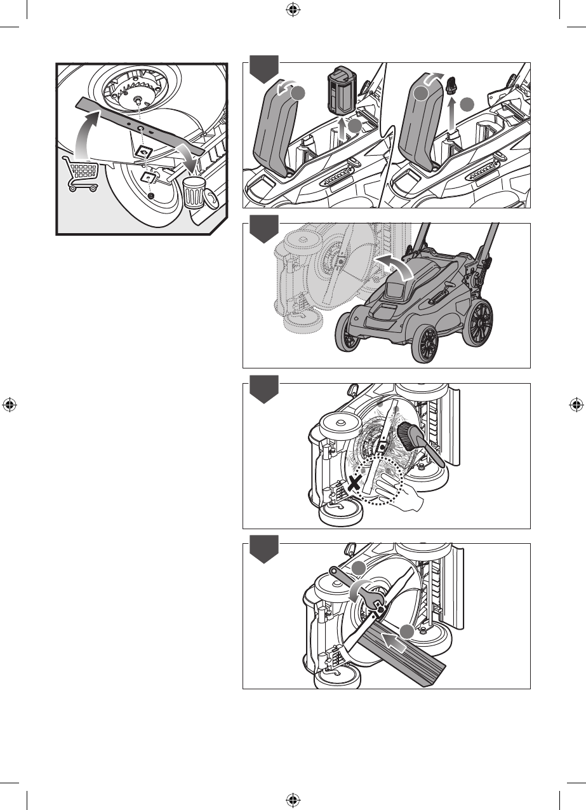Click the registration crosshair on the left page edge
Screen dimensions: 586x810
(9, 405)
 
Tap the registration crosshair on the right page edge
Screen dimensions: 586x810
(576, 405)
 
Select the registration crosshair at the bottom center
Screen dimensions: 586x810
(293, 800)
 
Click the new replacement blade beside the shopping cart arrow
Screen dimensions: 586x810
(140, 127)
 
